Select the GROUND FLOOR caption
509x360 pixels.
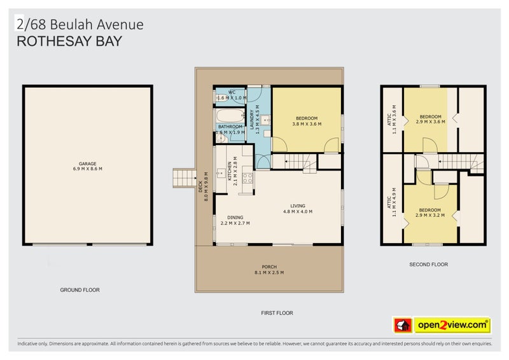pyautogui.click(x=80, y=290)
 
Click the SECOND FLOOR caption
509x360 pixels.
pyautogui.click(x=429, y=265)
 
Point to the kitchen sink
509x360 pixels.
pyautogui.click(x=221, y=172)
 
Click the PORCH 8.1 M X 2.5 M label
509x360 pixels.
pyautogui.click(x=269, y=270)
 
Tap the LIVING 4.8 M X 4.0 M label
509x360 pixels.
pyautogui.click(x=297, y=209)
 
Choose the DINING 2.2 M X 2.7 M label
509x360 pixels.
pyautogui.click(x=235, y=220)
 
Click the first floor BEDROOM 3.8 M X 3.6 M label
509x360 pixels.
pyautogui.click(x=306, y=121)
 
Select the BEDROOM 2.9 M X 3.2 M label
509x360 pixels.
pyautogui.click(x=430, y=213)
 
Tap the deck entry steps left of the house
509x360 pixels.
pyautogui.click(x=185, y=177)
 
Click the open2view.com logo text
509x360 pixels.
pyautogui.click(x=452, y=326)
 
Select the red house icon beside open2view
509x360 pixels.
pyautogui.click(x=401, y=326)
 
